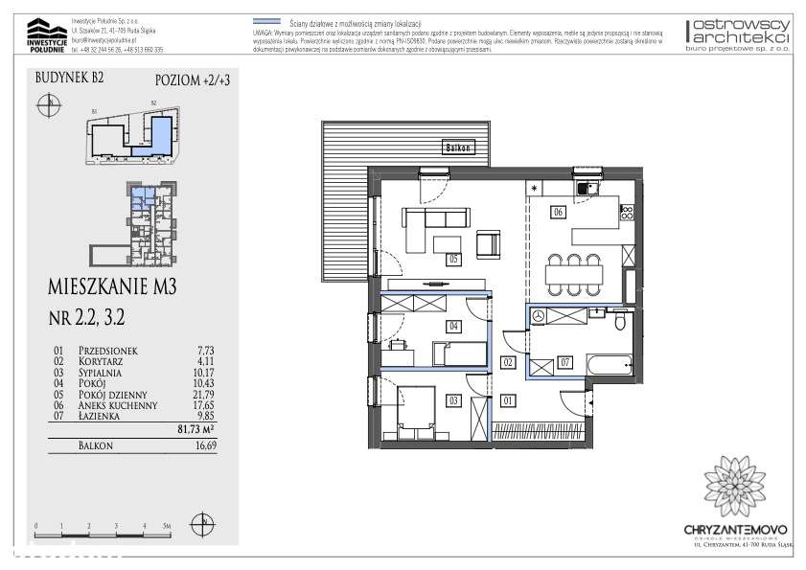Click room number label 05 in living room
tap(453, 259)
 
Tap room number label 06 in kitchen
tap(557, 213)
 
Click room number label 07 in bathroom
tap(565, 362)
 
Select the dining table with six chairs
tap(573, 275)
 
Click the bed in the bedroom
tap(409, 404)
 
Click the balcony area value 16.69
tap(203, 447)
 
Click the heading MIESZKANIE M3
tap(113, 285)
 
